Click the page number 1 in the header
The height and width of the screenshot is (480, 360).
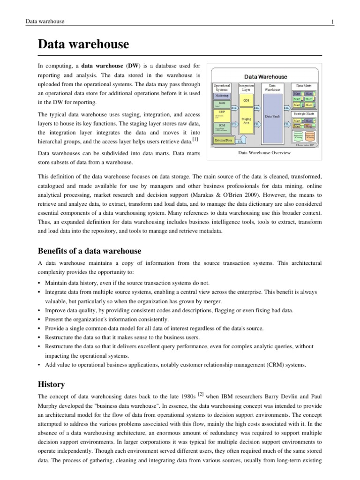pos(332,22)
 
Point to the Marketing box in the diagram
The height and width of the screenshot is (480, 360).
pos(222,95)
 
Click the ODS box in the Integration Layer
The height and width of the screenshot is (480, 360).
pos(246,101)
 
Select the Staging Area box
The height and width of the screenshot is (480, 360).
pos(246,121)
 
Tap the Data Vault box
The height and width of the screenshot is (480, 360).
pos(272,116)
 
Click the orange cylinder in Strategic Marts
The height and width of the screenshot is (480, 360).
pos(310,137)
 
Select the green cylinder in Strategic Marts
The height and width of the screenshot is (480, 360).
pos(298,137)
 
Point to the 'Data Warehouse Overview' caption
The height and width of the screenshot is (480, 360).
pos(264,153)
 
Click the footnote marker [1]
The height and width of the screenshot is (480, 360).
pos(195,139)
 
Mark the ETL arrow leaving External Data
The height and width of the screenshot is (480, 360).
pos(240,141)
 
